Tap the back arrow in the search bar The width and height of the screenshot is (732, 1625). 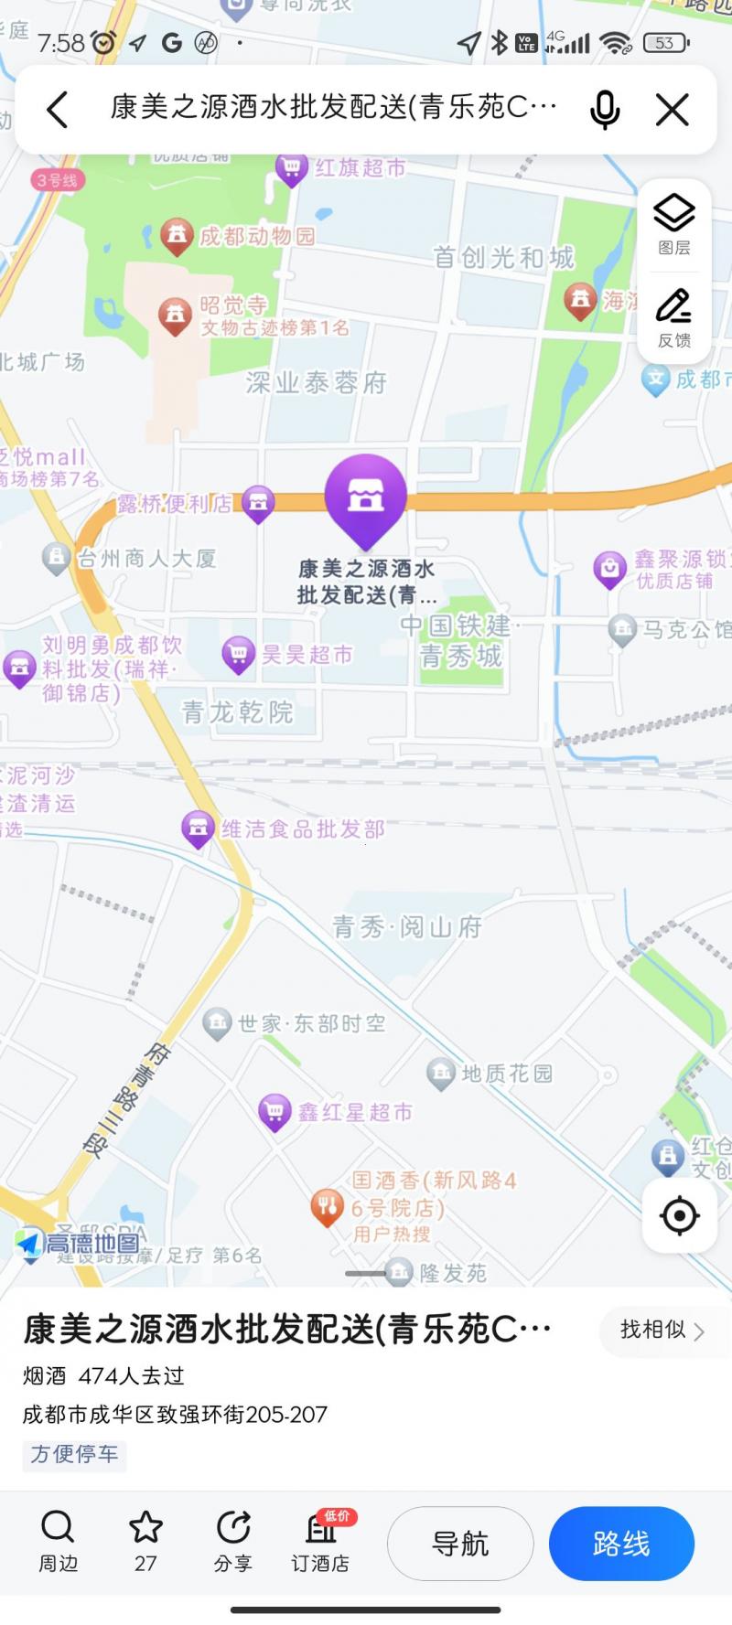pos(58,110)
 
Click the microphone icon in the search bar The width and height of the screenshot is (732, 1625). pos(605,110)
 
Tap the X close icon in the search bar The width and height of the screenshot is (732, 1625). pos(673,110)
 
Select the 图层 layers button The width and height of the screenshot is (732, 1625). pos(674,224)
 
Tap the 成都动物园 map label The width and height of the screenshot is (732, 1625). pos(256,236)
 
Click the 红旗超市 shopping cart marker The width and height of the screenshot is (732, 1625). pos(291,168)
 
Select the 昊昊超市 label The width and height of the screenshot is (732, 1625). pos(307,655)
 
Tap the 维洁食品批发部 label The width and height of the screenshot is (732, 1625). pos(303,829)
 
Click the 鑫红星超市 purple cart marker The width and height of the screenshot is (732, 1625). pos(274,1111)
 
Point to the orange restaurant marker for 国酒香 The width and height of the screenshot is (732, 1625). pos(327,1206)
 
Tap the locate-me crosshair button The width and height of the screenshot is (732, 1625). pos(679,1215)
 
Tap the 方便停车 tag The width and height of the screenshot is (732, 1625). pos(74,1454)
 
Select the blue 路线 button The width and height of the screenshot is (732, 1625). pos(621,1544)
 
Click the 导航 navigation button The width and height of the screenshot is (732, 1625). pos(460,1544)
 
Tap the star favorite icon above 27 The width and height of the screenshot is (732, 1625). pos(145,1527)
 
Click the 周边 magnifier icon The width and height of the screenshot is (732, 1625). pos(58,1527)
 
